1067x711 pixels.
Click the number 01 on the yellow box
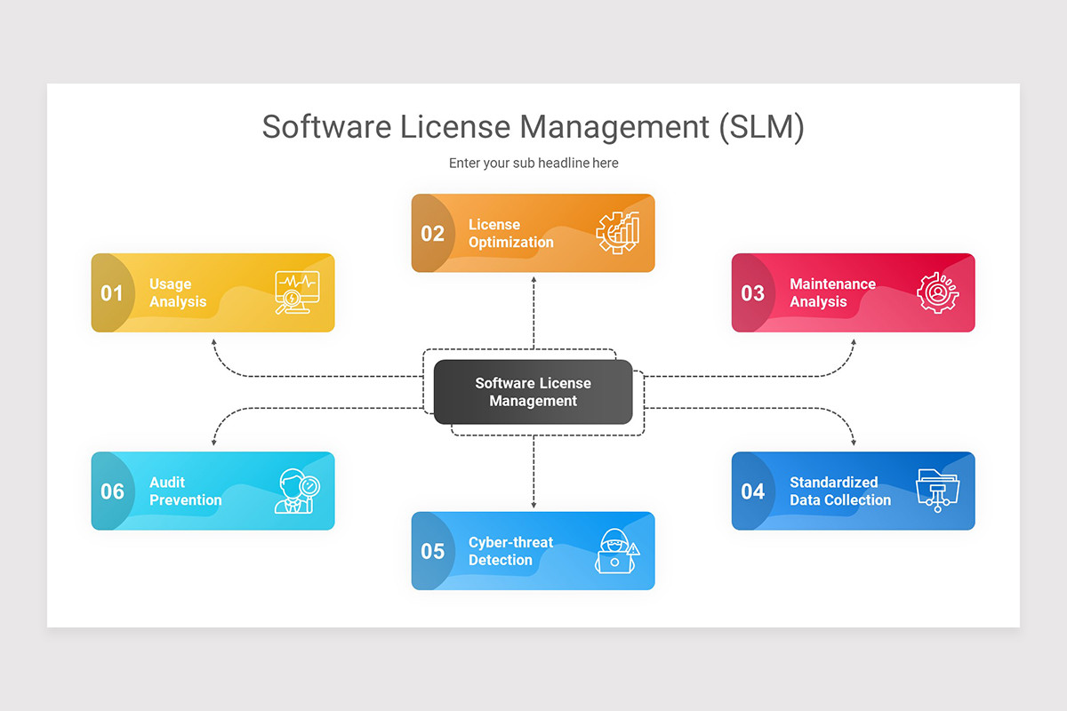click(x=112, y=293)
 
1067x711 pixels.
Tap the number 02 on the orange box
click(x=432, y=234)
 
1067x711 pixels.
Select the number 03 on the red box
click(x=752, y=293)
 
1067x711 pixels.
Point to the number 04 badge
click(x=752, y=491)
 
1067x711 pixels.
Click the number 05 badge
click(x=432, y=552)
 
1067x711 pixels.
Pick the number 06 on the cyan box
click(x=112, y=491)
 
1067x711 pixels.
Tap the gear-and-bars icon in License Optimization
click(x=617, y=233)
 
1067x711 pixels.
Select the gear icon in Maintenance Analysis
click(x=937, y=292)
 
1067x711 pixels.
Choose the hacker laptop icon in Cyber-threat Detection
click(x=616, y=551)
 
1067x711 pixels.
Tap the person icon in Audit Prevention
click(x=296, y=491)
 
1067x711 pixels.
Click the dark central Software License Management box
click(x=533, y=392)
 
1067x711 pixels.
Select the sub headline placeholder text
click(x=533, y=164)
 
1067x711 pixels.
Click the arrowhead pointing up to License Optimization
click(x=533, y=279)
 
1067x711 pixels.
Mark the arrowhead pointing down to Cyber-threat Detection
click(x=533, y=505)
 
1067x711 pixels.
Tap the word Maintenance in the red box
click(x=832, y=284)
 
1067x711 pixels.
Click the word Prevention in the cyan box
click(x=186, y=500)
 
